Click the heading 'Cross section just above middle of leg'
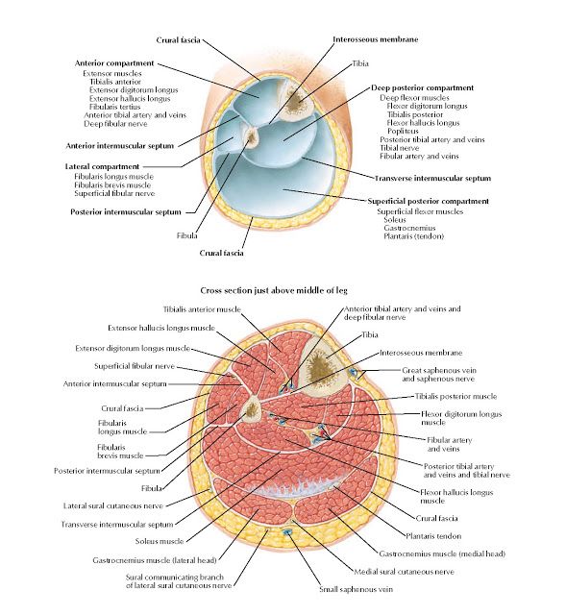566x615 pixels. pos(274,290)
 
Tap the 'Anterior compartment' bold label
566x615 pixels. pos(114,63)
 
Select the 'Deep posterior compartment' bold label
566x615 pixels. pos(423,87)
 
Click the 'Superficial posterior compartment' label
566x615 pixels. pos(429,201)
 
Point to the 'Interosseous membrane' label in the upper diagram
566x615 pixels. pos(376,39)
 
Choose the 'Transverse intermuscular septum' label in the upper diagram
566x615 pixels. pos(432,179)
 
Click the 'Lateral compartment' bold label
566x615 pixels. pos(102,166)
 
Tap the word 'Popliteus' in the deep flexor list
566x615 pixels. pos(403,131)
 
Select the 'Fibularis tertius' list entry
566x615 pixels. pos(114,107)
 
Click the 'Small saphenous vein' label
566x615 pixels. pos(356,589)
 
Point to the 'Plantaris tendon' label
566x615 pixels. pos(433,536)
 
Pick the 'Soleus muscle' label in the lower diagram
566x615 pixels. pos(160,541)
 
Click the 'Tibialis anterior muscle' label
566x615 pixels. pos(202,309)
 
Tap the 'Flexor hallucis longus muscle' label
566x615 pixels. pos(456,497)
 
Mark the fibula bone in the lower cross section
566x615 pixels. pos(251,409)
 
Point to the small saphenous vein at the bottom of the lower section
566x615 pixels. pos(287,531)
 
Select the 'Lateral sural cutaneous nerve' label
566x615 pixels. pos(113,506)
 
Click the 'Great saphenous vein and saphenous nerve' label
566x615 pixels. pos(439,375)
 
